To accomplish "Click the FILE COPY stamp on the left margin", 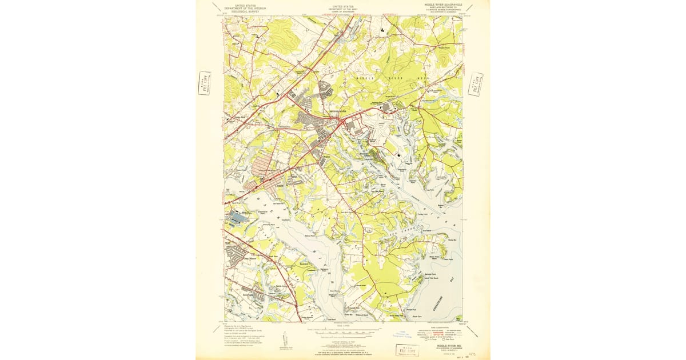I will tap(204, 83).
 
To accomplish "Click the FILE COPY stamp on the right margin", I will tap(475, 83).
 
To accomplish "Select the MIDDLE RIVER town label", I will tap(339, 111).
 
